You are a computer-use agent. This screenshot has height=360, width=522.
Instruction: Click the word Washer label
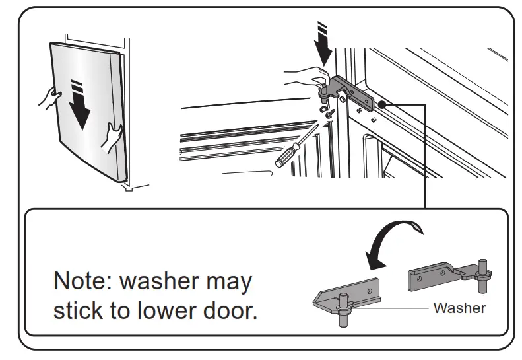pyautogui.click(x=459, y=308)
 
